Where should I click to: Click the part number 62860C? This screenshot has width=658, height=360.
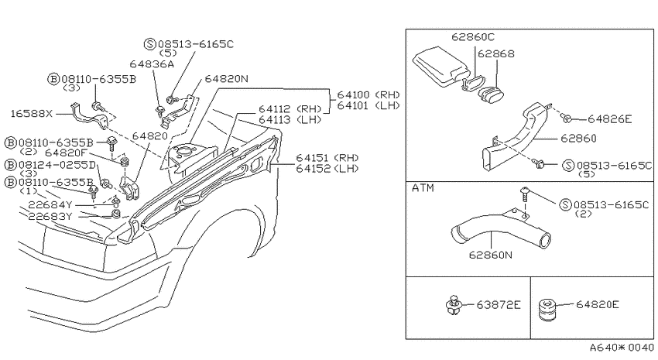point(473,37)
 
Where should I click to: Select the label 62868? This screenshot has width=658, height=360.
point(496,53)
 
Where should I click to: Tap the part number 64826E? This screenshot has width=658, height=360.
point(609,119)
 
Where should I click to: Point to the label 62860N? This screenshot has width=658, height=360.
point(491,255)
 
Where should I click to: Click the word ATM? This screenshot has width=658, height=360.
point(423,188)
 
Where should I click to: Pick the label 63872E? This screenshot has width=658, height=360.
point(499,304)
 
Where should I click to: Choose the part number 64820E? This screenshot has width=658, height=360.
point(597,304)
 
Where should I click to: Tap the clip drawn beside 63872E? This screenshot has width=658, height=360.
point(453,305)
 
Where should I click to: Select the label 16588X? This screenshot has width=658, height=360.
point(32,114)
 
